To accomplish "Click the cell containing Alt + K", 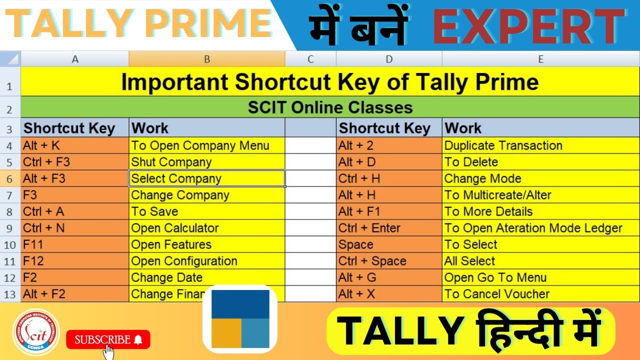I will point(75,145).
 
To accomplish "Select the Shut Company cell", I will point(207,162).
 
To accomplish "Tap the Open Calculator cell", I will point(207,228).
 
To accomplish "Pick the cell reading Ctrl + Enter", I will point(389,228).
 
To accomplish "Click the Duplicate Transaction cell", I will point(540,145).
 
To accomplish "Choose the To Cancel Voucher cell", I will point(540,294).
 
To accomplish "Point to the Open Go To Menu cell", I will point(540,277).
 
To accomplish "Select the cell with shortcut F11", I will point(75,244).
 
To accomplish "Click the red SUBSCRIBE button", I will point(108,340).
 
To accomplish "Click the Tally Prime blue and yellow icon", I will point(240,319).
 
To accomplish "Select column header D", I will point(389,59).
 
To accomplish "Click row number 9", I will point(10,228).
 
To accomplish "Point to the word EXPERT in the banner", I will point(529,26).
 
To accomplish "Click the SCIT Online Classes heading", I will point(330,107).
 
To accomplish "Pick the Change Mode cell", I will point(540,178).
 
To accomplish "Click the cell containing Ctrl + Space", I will point(389,261).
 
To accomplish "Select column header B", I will point(207,59).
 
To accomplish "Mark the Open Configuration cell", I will point(207,261).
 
